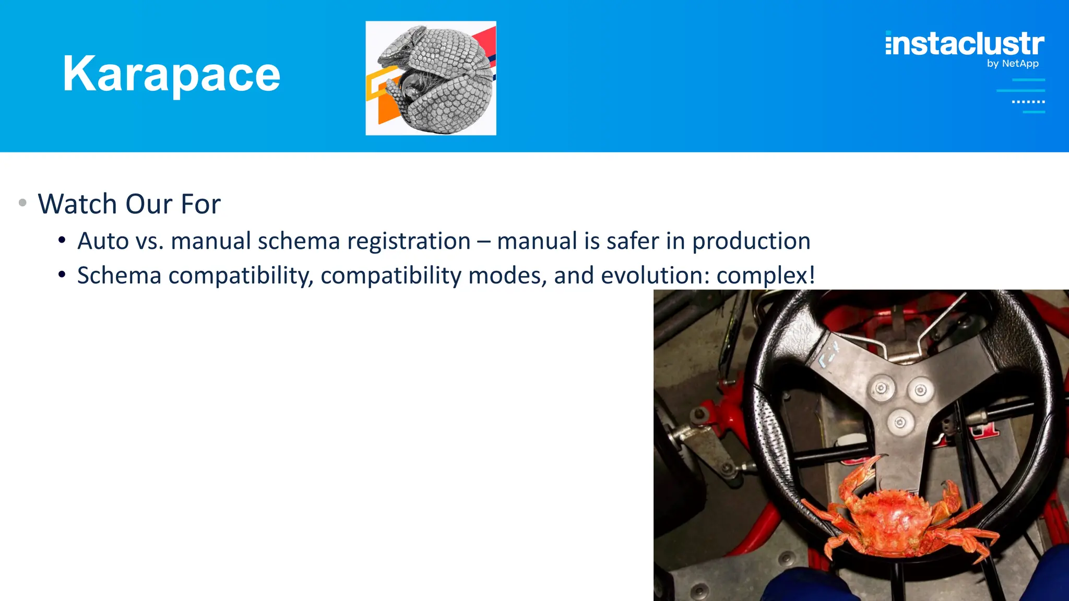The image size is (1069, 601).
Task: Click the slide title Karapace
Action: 171,74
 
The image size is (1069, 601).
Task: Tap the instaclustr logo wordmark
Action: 965,44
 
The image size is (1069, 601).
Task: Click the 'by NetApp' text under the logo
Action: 1013,64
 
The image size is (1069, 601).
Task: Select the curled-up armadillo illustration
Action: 431,78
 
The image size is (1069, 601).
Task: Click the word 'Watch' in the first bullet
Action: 77,204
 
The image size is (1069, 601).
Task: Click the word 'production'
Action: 751,242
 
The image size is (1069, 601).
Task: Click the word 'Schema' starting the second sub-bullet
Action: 119,275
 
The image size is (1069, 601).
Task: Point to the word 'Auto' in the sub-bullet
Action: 103,242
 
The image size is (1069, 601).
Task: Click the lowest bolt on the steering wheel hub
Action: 900,422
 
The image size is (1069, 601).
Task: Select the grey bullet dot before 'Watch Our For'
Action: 22,203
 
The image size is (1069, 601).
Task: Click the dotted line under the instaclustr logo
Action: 1028,102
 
